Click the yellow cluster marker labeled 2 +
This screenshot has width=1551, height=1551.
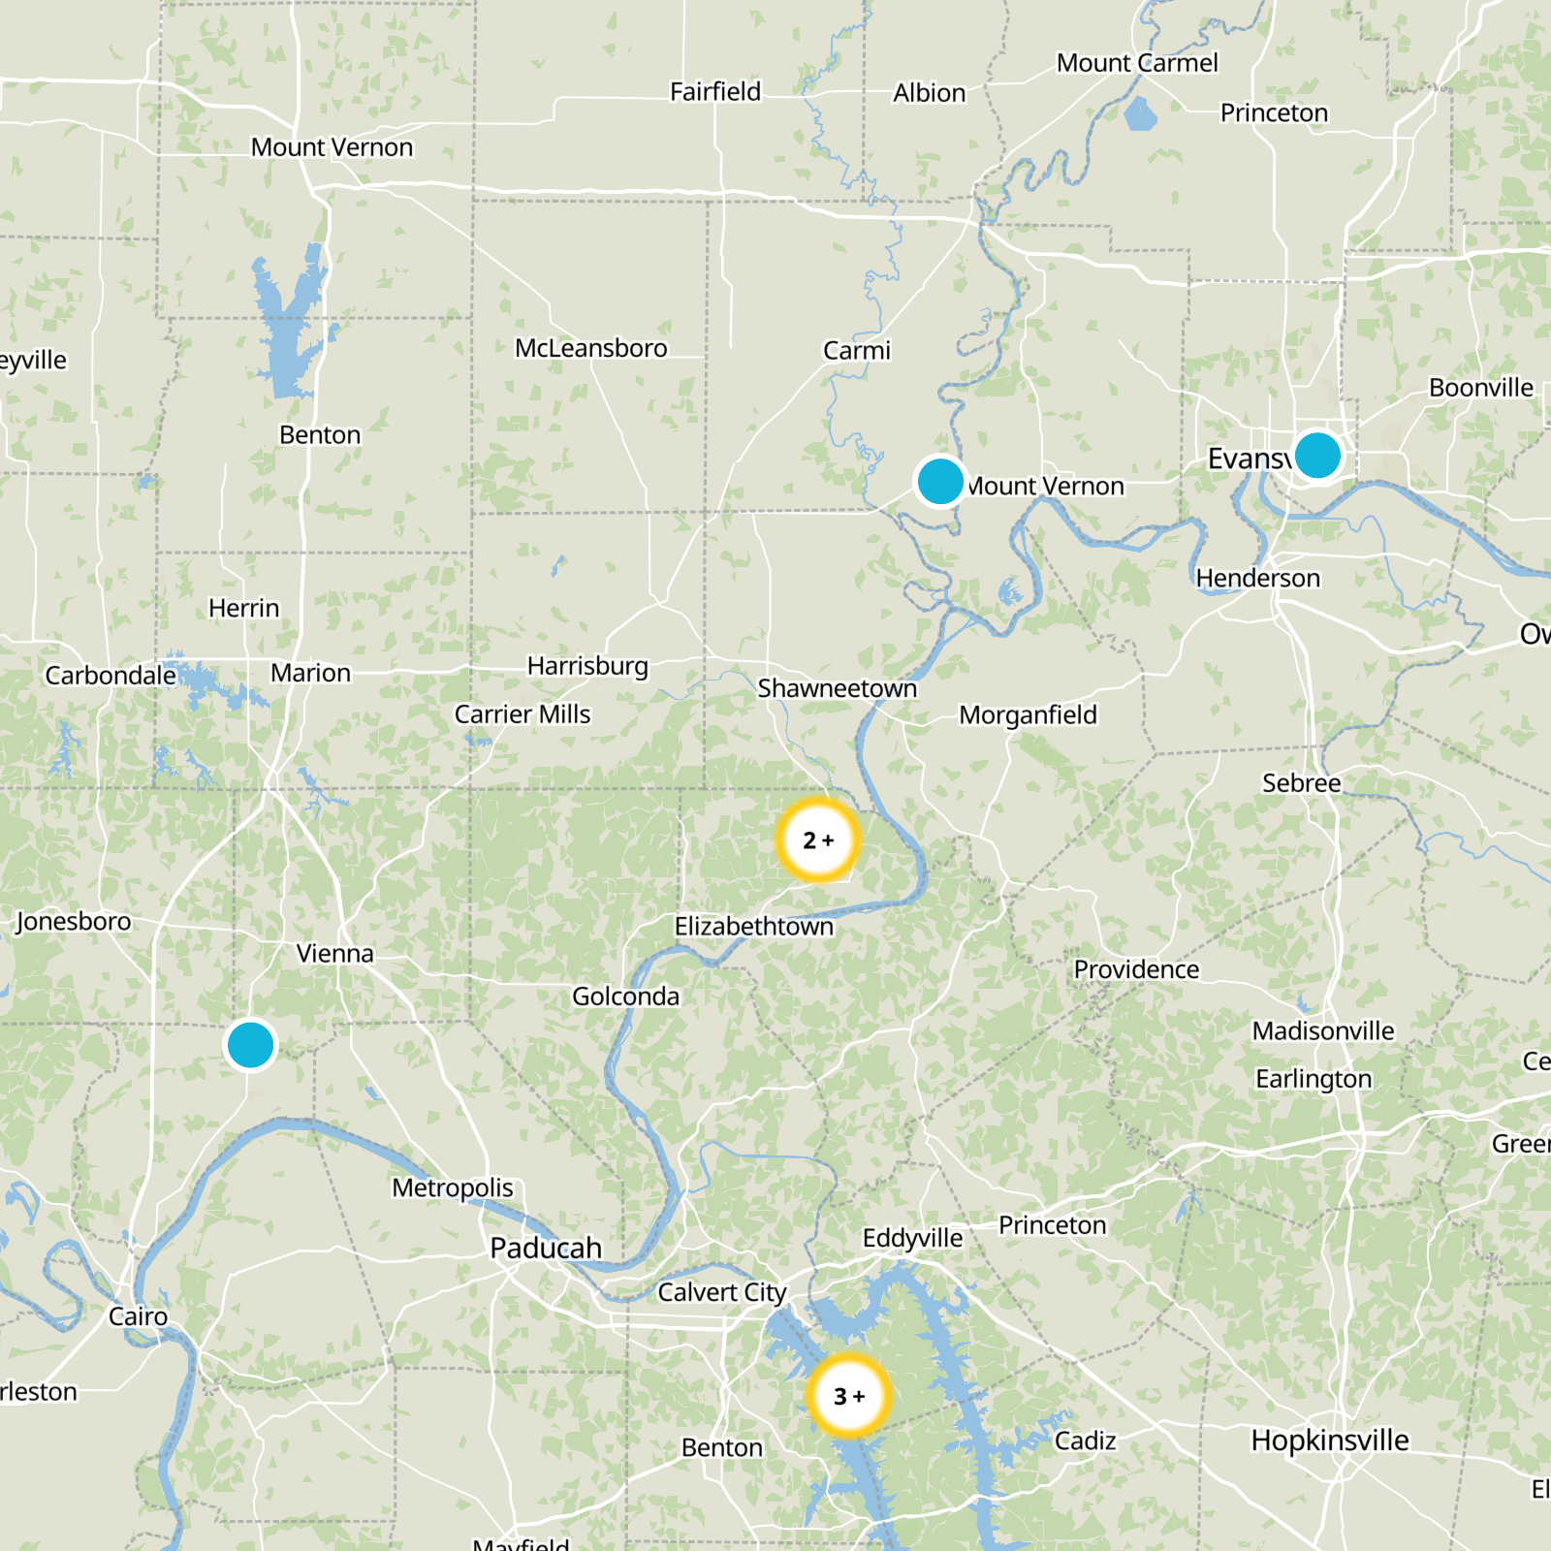coord(818,839)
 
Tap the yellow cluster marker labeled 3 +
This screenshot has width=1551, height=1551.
coord(849,1396)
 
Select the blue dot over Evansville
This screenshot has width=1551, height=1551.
coord(1316,455)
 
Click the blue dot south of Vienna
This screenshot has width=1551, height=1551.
coord(250,1045)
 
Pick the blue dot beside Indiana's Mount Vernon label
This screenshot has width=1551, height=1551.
coord(939,481)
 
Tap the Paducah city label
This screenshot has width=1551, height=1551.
coord(546,1248)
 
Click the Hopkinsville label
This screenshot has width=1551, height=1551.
coord(1330,1440)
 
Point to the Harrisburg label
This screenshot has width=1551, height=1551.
coord(587,666)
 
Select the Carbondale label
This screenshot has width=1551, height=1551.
coord(111,675)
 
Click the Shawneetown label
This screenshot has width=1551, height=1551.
coord(837,688)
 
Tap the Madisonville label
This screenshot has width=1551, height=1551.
coord(1323,1030)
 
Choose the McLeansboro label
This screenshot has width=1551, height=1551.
coord(590,348)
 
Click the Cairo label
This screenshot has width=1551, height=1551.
coord(138,1316)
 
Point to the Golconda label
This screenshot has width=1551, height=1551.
coord(625,997)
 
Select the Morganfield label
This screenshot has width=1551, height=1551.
coord(1028,715)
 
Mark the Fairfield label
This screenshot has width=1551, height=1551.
coord(715,92)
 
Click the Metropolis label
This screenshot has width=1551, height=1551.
coord(453,1187)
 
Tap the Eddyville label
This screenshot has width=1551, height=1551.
coord(912,1238)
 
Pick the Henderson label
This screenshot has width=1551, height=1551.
coord(1257,579)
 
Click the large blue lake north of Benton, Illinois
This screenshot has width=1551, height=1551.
coord(289,320)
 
